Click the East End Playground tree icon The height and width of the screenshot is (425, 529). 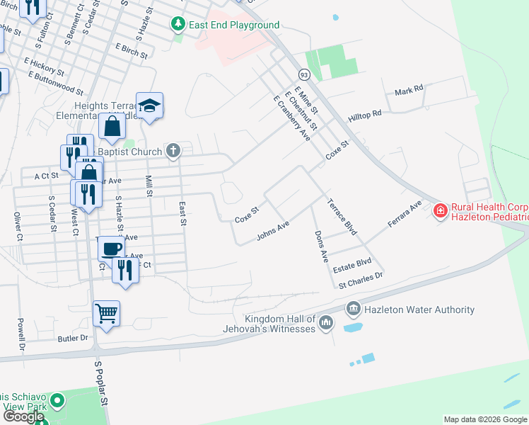(x=179, y=25)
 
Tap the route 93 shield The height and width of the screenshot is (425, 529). (x=304, y=74)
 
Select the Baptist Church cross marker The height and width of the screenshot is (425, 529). (x=173, y=151)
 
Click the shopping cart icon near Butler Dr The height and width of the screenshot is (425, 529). (x=106, y=312)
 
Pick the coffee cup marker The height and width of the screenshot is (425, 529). (x=111, y=249)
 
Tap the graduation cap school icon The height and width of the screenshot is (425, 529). (x=149, y=106)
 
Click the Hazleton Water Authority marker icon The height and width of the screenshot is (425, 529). (x=353, y=310)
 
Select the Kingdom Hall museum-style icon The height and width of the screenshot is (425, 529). (x=325, y=323)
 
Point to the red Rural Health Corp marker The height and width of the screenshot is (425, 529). (x=441, y=210)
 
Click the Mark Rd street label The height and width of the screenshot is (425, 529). (x=409, y=91)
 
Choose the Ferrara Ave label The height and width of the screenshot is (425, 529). (x=405, y=214)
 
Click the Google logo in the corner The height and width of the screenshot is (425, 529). (x=23, y=416)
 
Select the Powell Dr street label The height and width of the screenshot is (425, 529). (x=21, y=335)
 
